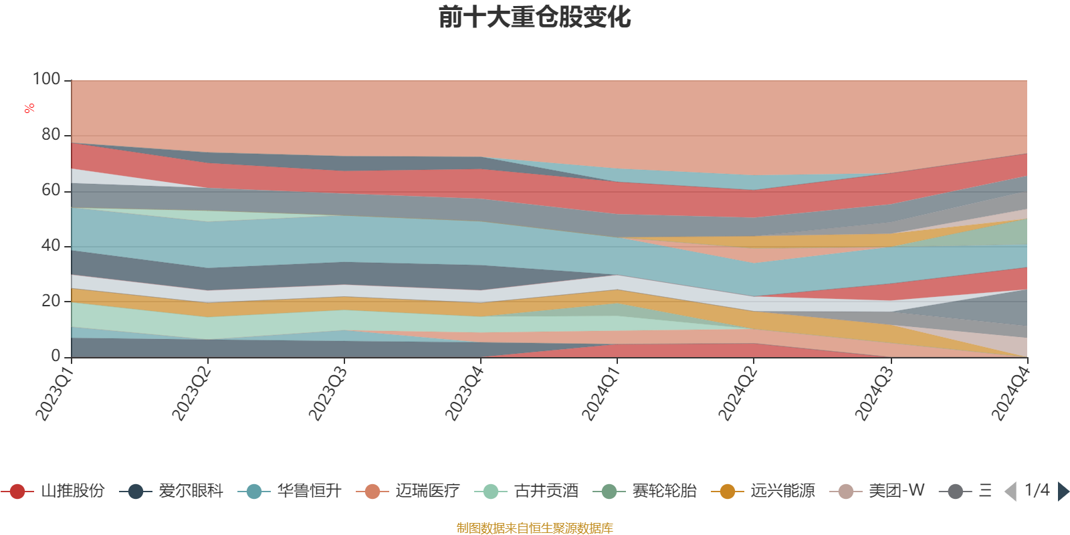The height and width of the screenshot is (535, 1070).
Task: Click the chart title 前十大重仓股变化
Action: click(x=535, y=17)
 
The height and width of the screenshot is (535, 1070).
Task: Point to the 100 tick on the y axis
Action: click(x=47, y=79)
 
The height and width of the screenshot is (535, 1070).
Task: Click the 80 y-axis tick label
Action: click(x=51, y=134)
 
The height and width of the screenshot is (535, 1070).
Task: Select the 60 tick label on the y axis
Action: click(x=51, y=190)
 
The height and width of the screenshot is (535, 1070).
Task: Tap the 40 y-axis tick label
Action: click(x=51, y=245)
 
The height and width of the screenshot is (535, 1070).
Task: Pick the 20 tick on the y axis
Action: click(x=51, y=301)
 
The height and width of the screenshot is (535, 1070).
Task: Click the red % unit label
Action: click(x=29, y=108)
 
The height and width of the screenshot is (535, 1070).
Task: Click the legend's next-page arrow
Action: click(x=1063, y=492)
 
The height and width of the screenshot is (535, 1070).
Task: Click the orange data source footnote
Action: click(x=535, y=528)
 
